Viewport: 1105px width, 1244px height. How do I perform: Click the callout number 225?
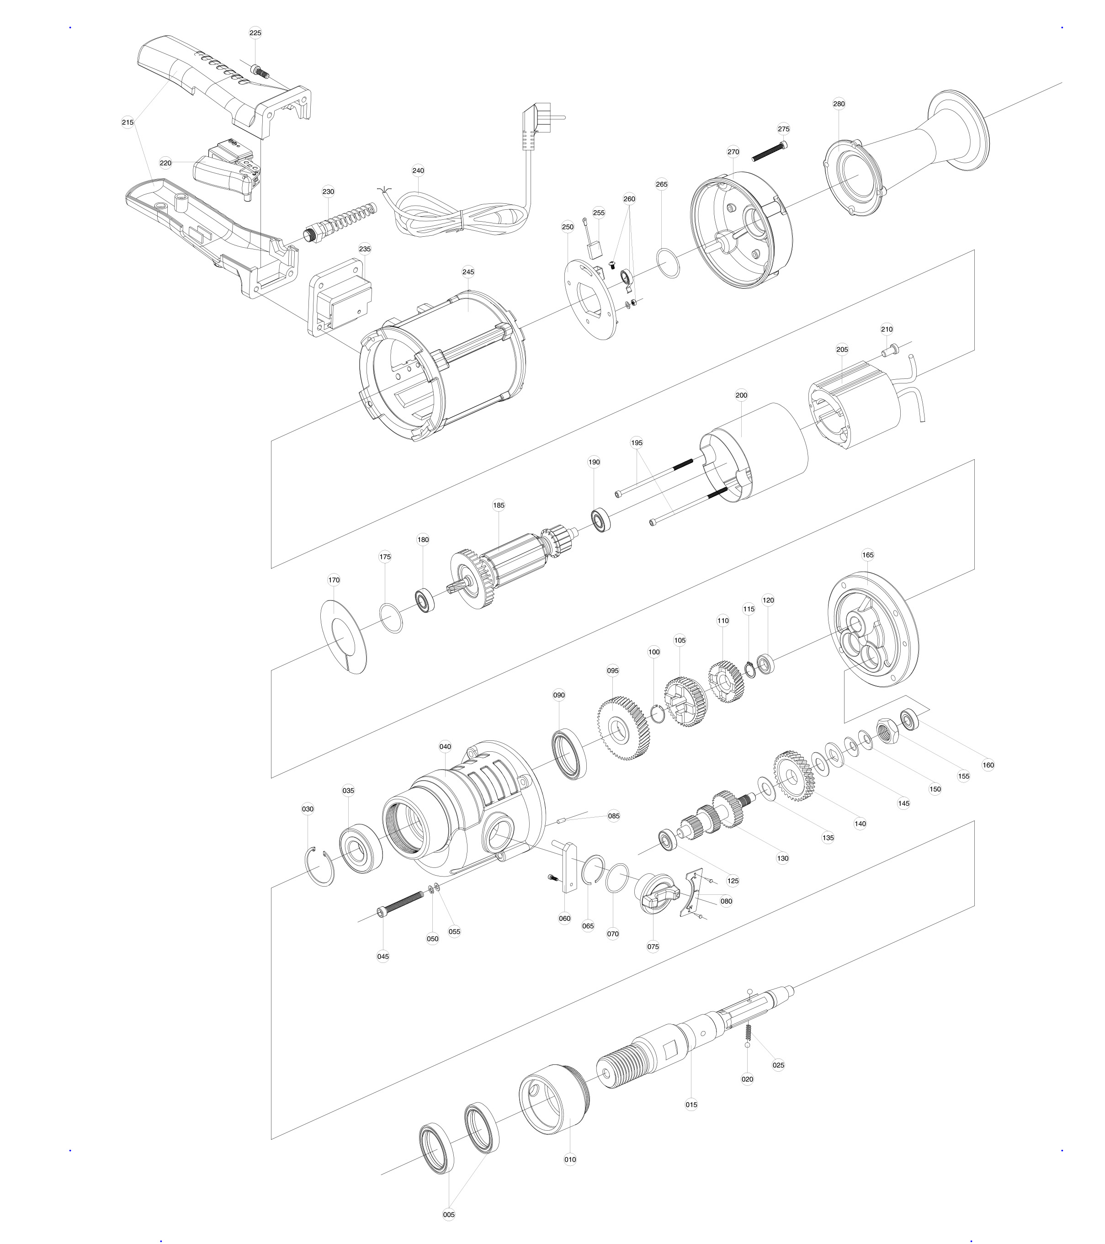(x=255, y=33)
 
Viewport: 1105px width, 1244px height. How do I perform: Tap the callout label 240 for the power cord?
(x=418, y=170)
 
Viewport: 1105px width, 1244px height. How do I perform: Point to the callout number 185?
(x=498, y=505)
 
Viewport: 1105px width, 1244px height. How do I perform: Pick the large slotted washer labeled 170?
(x=343, y=637)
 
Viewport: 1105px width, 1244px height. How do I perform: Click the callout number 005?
(x=448, y=1215)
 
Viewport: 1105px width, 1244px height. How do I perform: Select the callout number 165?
(x=868, y=555)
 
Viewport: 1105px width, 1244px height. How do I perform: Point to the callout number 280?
(x=839, y=103)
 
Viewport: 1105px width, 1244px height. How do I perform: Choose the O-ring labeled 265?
(x=669, y=262)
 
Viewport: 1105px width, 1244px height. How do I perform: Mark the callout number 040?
(x=445, y=747)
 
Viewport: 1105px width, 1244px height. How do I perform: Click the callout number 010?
(x=570, y=1159)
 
